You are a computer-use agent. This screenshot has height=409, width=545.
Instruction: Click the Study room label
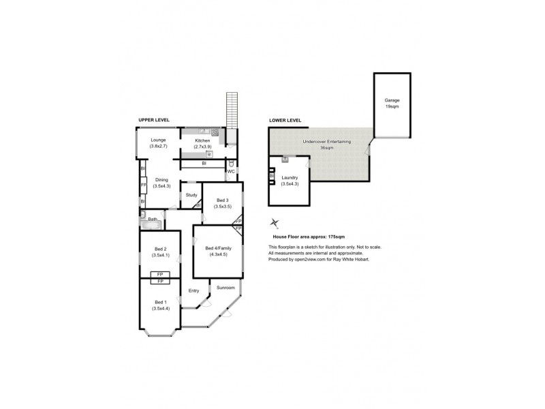191,195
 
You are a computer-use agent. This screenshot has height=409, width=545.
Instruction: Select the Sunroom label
225,288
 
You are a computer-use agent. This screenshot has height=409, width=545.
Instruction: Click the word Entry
193,291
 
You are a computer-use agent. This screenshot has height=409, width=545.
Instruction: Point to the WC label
230,172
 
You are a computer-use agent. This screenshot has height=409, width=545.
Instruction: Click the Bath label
153,219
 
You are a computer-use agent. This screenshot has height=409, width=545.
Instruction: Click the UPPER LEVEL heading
153,120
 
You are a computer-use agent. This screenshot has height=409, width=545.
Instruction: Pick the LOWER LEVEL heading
285,120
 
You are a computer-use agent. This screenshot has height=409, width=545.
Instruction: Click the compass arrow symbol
275,222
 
